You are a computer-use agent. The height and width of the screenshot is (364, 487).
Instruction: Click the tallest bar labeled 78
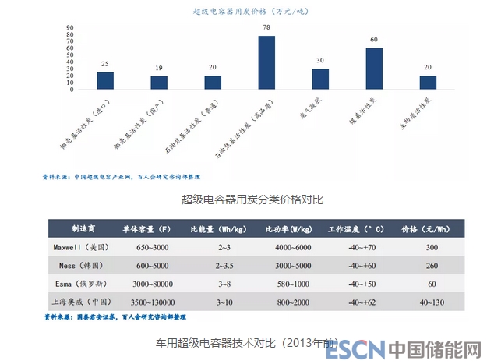pyautogui.click(x=266, y=63)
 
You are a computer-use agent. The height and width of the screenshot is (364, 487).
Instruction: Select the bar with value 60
pyautogui.click(x=374, y=69)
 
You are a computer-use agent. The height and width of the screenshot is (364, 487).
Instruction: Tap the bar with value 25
pyautogui.click(x=105, y=81)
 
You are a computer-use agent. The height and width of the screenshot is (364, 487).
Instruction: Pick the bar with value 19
pyautogui.click(x=159, y=83)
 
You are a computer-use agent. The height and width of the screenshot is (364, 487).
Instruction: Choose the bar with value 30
pyautogui.click(x=320, y=80)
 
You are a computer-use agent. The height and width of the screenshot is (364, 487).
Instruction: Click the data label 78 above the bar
pyautogui.click(x=266, y=27)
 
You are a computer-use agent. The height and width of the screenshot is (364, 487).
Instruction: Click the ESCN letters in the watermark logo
pyautogui.click(x=355, y=348)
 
